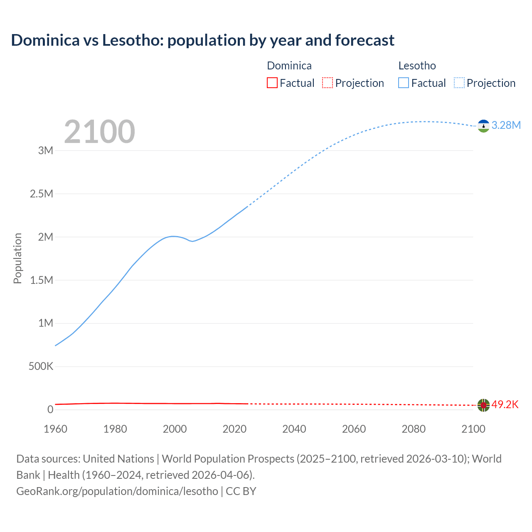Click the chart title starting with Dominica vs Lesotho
pos(202,40)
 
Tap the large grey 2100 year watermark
pos(99,132)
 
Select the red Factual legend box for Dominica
pos(272,83)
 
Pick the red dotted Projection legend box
pos(328,83)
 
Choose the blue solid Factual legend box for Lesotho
pos(403,83)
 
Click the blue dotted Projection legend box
pos(459,83)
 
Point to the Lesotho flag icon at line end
pos(483,126)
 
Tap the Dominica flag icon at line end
pos(483,405)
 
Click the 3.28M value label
pos(506,125)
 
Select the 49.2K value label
pos(505,404)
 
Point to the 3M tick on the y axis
pos(45,150)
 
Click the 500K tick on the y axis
pos(41,366)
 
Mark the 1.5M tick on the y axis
pos(42,280)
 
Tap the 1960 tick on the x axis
pos(55,429)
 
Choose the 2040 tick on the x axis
pos(294,429)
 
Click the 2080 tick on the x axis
pos(414,429)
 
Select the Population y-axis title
pos(17,258)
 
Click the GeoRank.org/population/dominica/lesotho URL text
pos(117,491)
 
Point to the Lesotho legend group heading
pos(417,66)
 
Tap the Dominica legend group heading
pos(289,66)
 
